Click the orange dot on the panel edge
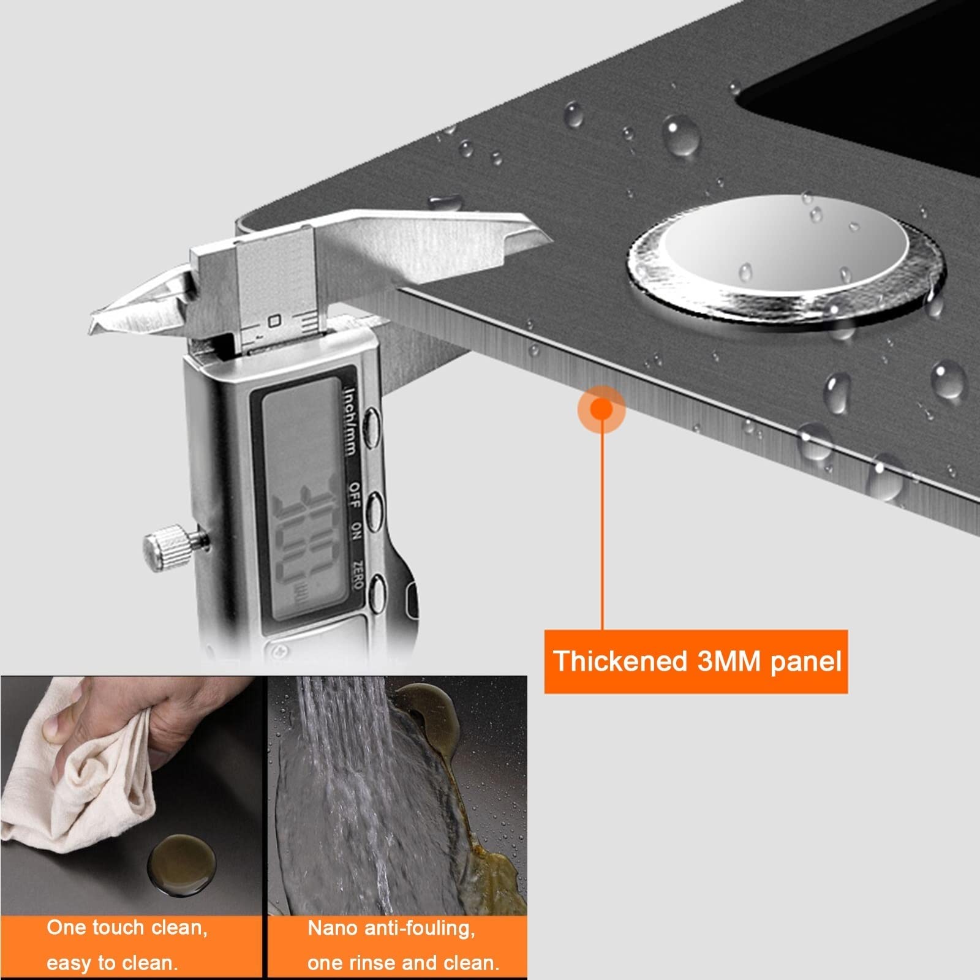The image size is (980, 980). (602, 408)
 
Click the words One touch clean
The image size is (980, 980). (127, 928)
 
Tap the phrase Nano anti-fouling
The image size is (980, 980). (391, 929)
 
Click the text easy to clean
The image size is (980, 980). (112, 963)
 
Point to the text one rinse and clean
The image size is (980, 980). (404, 963)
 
